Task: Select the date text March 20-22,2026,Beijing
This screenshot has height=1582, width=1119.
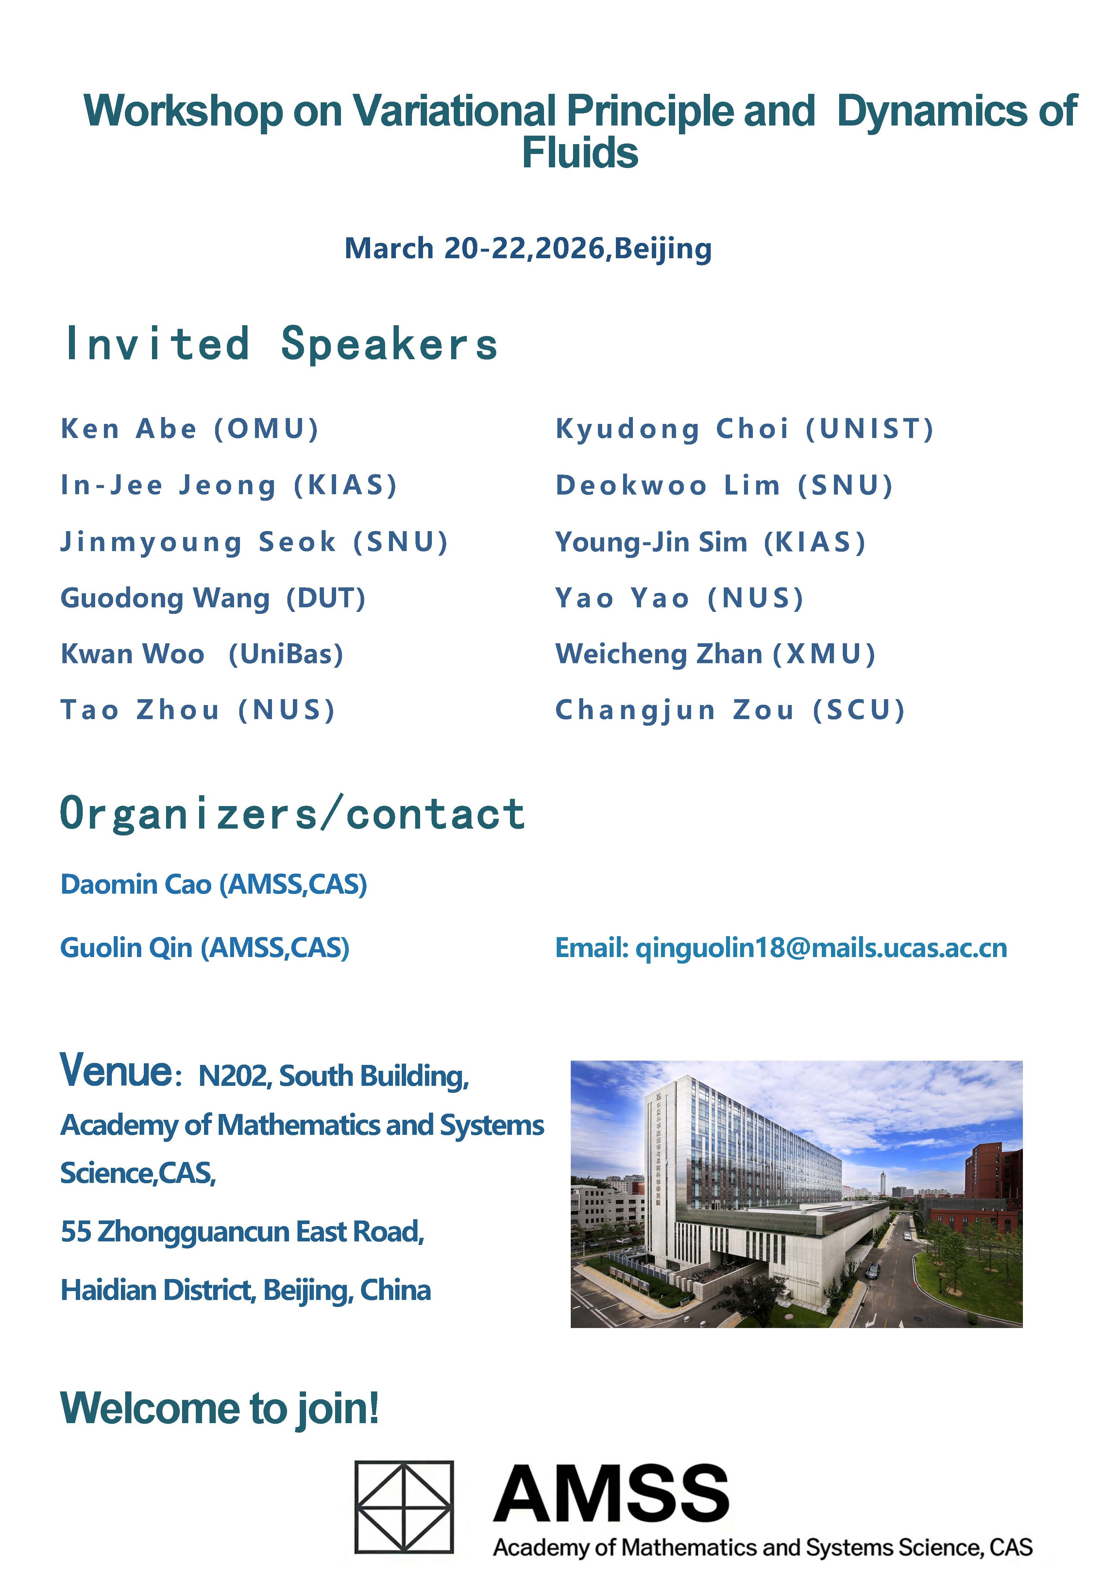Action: click(x=528, y=249)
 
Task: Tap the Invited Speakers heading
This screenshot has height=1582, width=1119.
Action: click(x=281, y=343)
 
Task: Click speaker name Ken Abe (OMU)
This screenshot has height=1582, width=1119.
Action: click(x=190, y=429)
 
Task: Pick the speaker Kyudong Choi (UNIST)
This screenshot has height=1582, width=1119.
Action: click(x=744, y=429)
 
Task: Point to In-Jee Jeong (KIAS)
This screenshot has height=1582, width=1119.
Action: click(x=229, y=485)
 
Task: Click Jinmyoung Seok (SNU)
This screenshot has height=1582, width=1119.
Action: click(x=254, y=542)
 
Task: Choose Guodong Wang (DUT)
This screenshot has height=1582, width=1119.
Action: click(x=213, y=598)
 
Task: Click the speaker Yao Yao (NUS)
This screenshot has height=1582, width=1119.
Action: click(x=679, y=598)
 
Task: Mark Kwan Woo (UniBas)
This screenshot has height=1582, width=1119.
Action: click(x=202, y=654)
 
